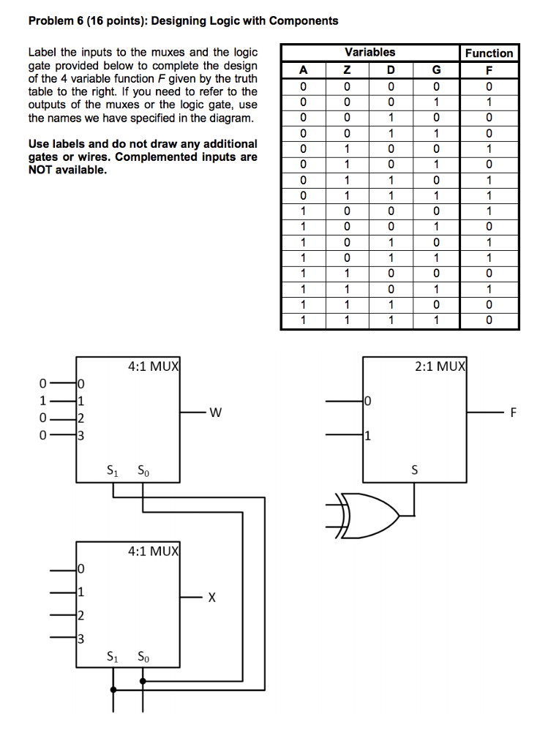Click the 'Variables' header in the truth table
click(x=370, y=52)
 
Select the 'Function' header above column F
click(x=489, y=53)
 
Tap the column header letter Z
click(x=348, y=69)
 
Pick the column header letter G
click(x=437, y=69)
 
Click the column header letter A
click(x=303, y=69)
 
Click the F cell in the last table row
click(x=489, y=320)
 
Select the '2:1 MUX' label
click(x=439, y=366)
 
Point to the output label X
click(x=211, y=598)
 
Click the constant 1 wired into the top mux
click(x=43, y=400)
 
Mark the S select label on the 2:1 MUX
click(x=415, y=470)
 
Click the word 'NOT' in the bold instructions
click(x=44, y=170)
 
